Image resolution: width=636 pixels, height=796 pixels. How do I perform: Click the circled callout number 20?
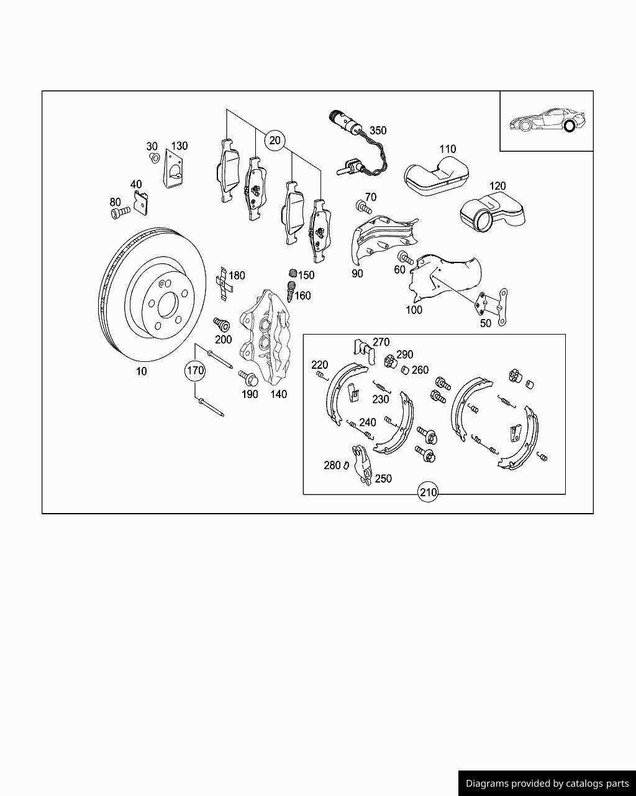275,141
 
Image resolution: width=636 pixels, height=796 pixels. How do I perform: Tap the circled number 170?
195,371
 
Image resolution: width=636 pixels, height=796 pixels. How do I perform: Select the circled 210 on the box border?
428,493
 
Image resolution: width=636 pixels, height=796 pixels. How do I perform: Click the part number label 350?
378,131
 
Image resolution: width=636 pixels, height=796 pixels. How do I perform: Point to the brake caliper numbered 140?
265,335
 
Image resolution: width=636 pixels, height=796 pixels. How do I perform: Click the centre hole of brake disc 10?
168,305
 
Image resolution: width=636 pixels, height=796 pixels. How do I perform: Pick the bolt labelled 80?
120,213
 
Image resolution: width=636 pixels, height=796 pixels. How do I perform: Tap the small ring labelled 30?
154,158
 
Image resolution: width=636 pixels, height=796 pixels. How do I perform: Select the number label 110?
448,149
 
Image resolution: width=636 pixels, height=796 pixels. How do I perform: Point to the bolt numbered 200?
222,324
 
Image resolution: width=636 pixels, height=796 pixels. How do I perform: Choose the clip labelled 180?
224,284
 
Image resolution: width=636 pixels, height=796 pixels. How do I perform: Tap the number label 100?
414,310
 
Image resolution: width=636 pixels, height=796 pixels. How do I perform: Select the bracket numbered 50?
493,307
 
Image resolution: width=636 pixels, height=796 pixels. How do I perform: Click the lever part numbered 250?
362,465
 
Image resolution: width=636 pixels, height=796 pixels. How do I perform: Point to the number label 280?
332,465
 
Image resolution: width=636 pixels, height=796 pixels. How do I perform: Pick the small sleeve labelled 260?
406,370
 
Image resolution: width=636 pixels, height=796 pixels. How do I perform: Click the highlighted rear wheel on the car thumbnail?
570,126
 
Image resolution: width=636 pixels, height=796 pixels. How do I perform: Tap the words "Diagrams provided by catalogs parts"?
547,784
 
